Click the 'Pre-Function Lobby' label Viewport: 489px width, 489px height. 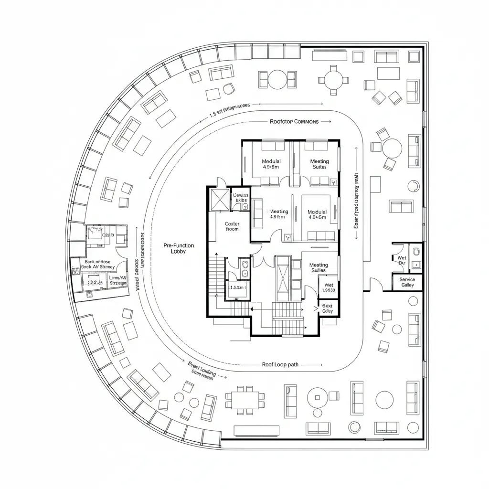(179, 248)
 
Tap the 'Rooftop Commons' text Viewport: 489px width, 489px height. (294, 122)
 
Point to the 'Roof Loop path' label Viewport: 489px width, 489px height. (280, 364)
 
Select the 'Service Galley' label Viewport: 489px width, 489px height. (407, 282)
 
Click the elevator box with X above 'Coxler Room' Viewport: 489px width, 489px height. (221, 199)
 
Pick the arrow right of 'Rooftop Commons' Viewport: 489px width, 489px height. (326, 122)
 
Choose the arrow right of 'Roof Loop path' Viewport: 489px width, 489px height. (311, 364)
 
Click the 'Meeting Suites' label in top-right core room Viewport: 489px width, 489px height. (319, 164)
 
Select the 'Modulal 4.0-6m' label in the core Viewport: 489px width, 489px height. (317, 214)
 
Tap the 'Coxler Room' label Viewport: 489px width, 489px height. (232, 226)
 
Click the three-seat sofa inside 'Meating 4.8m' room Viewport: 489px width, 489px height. (257, 213)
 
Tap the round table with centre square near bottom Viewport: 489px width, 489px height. (317, 396)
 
